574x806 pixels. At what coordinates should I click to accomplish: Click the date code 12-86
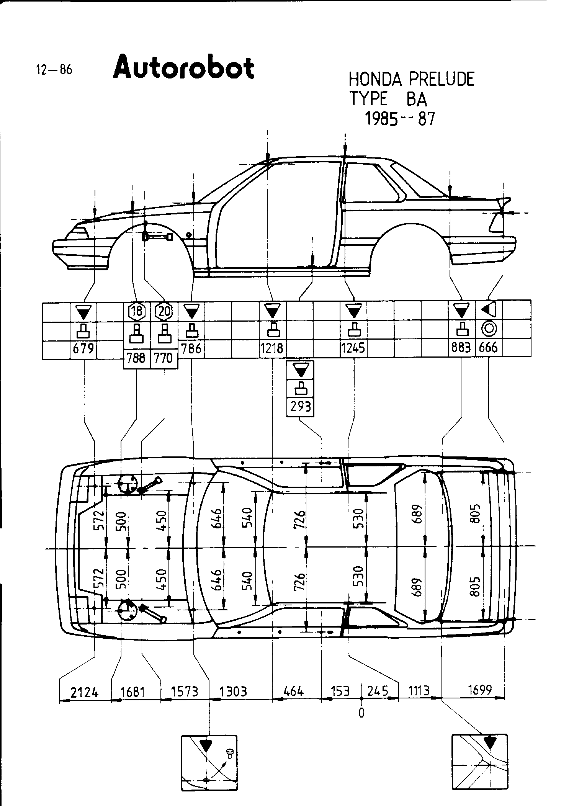(x=54, y=70)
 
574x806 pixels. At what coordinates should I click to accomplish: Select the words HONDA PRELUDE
(x=411, y=79)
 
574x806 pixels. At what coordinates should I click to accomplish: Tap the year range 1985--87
(x=400, y=119)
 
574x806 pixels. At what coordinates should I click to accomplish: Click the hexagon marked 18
(x=137, y=311)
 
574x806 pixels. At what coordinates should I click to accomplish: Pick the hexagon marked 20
(x=164, y=311)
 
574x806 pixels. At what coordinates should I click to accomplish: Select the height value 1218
(x=272, y=348)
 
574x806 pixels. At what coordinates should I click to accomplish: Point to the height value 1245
(x=353, y=348)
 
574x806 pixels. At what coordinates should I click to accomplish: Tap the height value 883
(x=461, y=348)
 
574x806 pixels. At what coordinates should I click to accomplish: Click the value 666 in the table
(x=488, y=348)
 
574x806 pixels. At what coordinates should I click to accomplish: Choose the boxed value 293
(x=300, y=407)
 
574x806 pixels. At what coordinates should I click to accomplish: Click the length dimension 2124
(x=84, y=692)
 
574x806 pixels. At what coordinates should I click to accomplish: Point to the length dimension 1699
(x=480, y=690)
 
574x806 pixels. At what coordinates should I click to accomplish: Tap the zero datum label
(x=361, y=713)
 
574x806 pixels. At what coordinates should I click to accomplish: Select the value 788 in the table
(x=136, y=359)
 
